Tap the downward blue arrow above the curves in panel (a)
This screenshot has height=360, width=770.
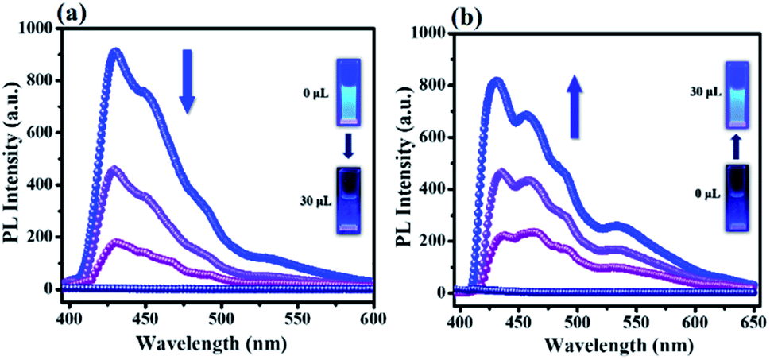coord(187,82)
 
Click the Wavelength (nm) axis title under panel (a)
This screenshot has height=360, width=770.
coord(212,340)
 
